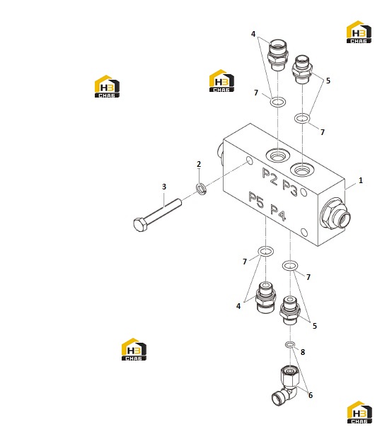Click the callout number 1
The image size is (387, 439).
[x=361, y=180]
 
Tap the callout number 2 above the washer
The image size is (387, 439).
[x=199, y=164]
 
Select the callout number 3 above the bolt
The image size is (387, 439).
[x=164, y=187]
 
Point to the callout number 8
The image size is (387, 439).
[x=303, y=352]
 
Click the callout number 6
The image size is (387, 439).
[x=311, y=395]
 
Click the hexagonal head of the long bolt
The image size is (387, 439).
[x=140, y=225]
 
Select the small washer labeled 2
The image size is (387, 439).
[x=201, y=189]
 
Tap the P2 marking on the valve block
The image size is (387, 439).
[x=270, y=176]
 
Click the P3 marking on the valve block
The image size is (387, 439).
[x=290, y=187]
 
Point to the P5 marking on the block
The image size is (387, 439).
[x=256, y=199]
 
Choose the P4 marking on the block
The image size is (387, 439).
[x=278, y=213]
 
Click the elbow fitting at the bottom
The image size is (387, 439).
[x=286, y=386]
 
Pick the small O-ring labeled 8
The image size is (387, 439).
[x=290, y=344]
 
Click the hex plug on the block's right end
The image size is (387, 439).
[x=335, y=214]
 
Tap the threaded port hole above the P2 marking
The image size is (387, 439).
[x=277, y=155]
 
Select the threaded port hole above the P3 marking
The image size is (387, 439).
[x=302, y=169]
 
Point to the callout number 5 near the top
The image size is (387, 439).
[x=328, y=81]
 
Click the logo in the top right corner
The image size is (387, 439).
[x=359, y=32]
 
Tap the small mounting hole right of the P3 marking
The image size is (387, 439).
[x=304, y=192]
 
